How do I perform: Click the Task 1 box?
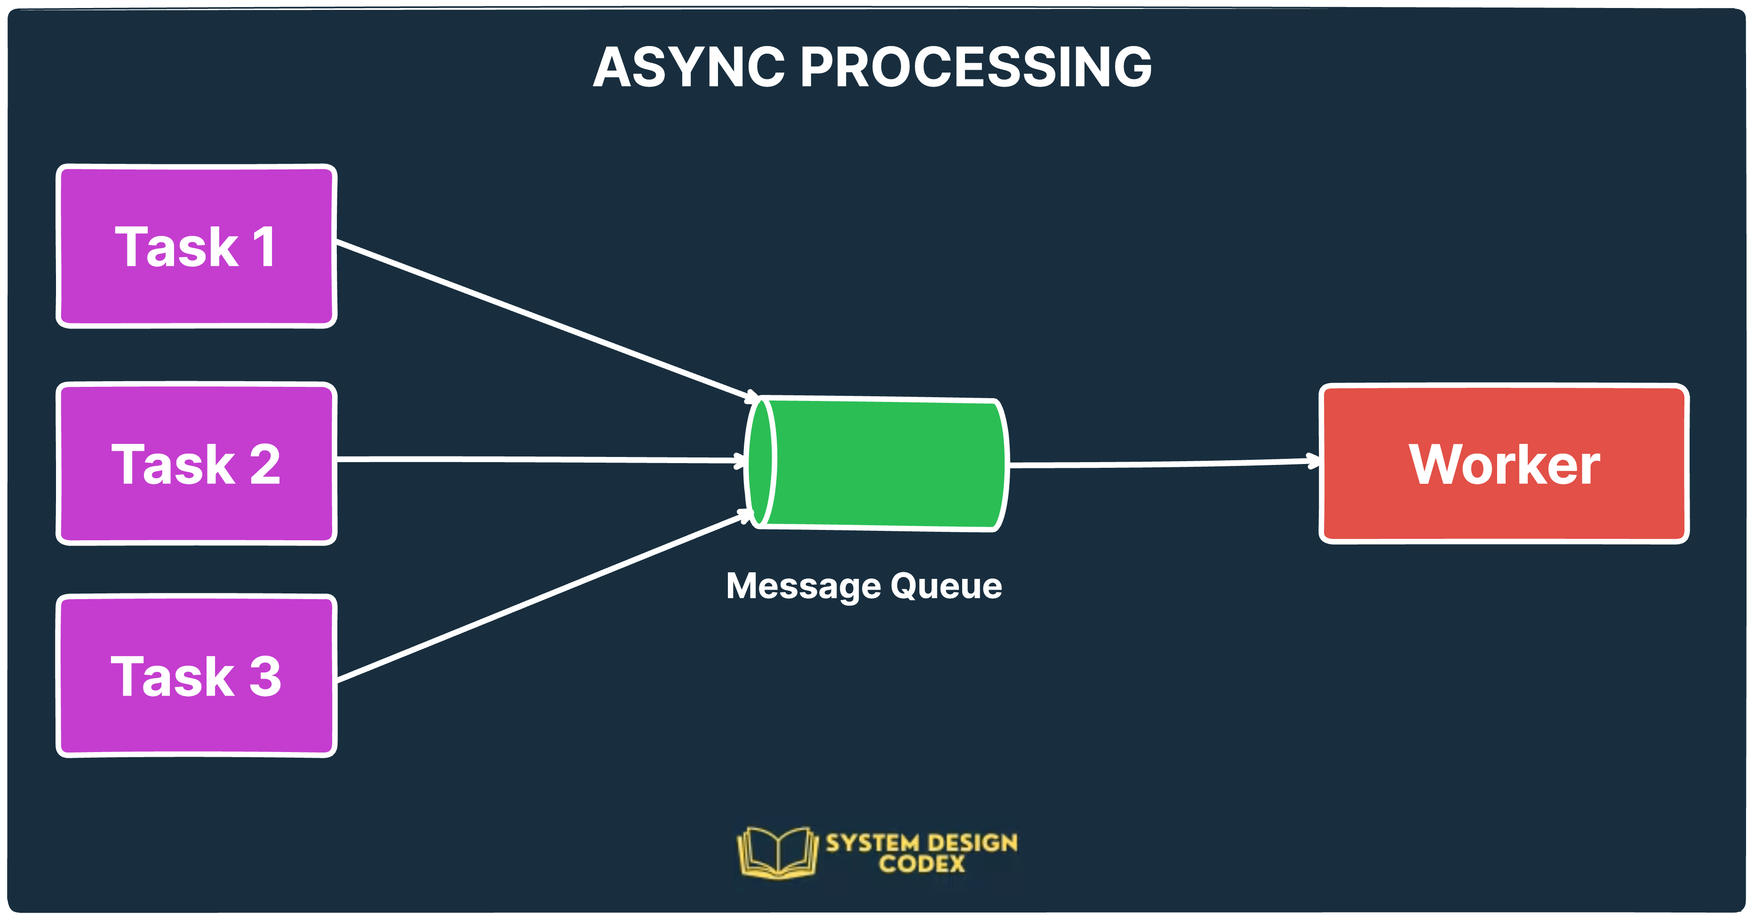pyautogui.click(x=196, y=246)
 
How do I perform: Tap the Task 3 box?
pyautogui.click(x=196, y=676)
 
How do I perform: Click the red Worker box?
pyautogui.click(x=1504, y=464)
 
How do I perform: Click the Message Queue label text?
pyautogui.click(x=864, y=586)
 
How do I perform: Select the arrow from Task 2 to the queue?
pyautogui.click(x=538, y=460)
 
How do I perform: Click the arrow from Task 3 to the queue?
pyautogui.click(x=545, y=596)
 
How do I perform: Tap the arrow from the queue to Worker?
pyautogui.click(x=1158, y=464)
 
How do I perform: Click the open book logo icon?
pyautogui.click(x=777, y=852)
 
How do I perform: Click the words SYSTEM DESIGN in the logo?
pyautogui.click(x=922, y=843)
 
